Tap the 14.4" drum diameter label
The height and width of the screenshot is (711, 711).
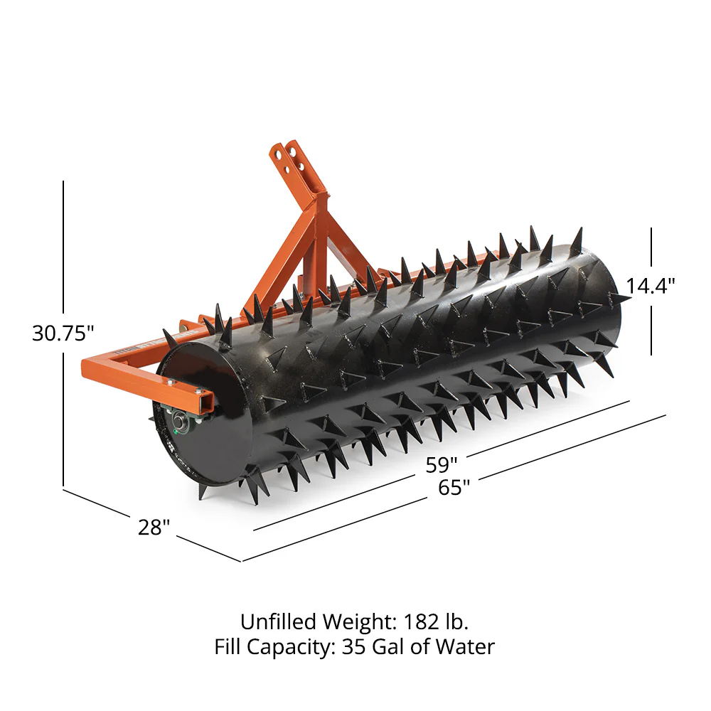click(650, 285)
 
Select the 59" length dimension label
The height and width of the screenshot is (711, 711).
click(442, 465)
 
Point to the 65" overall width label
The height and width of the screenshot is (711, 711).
click(454, 488)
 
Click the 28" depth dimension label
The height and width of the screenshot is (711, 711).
click(154, 528)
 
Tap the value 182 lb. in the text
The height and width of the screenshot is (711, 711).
click(437, 621)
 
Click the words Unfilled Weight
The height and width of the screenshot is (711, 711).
click(316, 621)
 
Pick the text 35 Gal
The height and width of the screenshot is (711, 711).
click(370, 646)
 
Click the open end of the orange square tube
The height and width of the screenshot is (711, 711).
click(205, 402)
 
